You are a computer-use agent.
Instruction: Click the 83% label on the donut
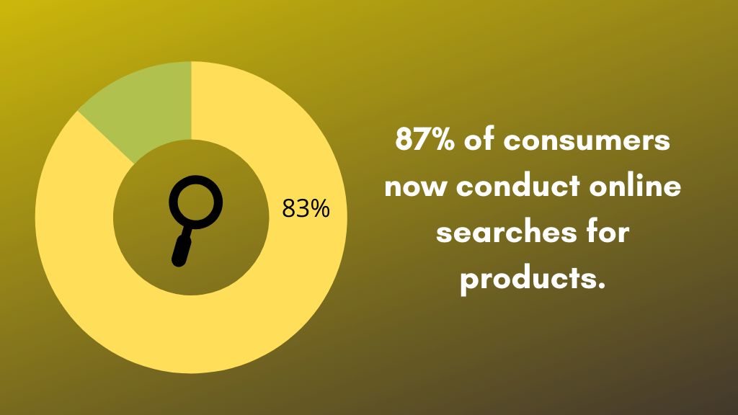click(306, 209)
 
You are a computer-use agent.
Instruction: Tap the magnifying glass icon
click(192, 216)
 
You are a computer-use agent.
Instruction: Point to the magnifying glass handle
click(181, 246)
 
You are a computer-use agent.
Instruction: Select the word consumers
click(587, 140)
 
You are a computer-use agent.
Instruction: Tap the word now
click(415, 187)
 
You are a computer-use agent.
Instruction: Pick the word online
click(635, 187)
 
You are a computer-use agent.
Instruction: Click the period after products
click(600, 287)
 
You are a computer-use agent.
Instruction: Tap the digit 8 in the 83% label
click(288, 209)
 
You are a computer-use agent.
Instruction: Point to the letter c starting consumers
click(512, 141)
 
